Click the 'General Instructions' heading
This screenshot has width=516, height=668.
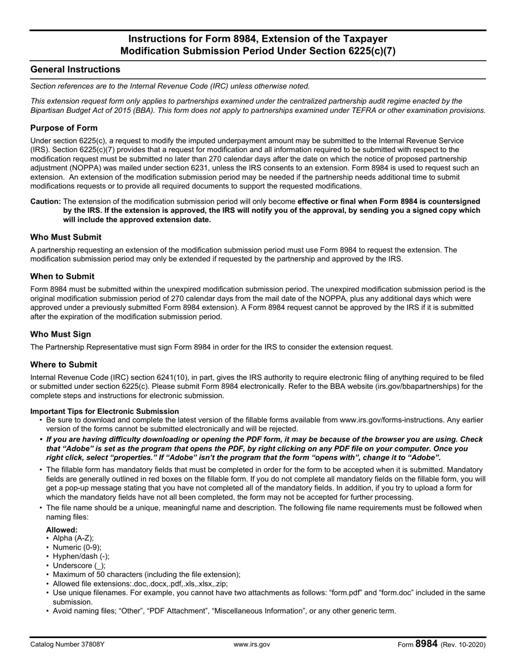75,70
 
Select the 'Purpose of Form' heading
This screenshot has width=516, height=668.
64,128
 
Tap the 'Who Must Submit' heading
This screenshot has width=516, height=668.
66,237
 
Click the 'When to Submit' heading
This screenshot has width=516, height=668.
62,276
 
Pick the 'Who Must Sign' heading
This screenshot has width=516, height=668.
61,334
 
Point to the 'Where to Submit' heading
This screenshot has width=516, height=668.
64,364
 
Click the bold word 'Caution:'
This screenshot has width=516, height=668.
46,201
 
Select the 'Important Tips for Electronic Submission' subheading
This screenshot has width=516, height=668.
104,411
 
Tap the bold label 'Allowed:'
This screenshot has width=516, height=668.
62,530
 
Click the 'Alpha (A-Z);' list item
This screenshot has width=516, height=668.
73,538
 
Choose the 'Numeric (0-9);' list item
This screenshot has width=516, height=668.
77,547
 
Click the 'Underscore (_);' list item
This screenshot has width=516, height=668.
79,565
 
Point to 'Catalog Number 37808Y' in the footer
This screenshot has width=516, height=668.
67,645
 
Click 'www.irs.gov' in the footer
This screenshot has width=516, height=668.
251,645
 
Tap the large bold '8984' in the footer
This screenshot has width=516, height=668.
426,644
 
